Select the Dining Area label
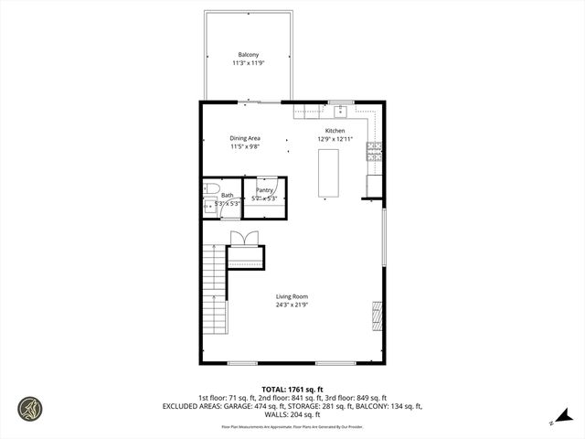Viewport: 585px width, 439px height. (x=245, y=138)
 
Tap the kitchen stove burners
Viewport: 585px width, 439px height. (x=374, y=152)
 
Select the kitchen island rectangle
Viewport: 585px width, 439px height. (x=328, y=174)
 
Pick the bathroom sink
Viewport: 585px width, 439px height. (x=208, y=208)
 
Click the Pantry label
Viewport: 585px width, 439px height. (x=265, y=190)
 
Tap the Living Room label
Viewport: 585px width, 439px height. (x=292, y=296)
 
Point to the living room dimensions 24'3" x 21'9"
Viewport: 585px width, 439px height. (x=292, y=305)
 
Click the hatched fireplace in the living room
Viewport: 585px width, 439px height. (x=377, y=316)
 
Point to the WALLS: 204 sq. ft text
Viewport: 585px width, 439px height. (x=292, y=413)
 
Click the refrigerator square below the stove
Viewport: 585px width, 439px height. (x=374, y=186)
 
